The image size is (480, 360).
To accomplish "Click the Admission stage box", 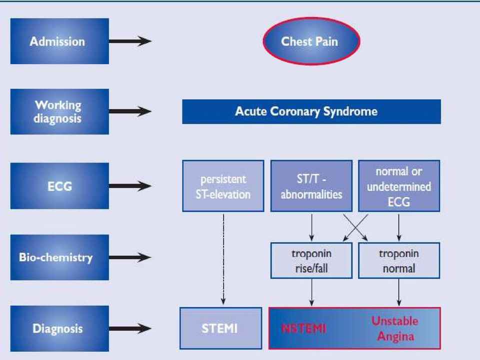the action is (59, 41).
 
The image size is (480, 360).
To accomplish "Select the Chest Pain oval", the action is (311, 41).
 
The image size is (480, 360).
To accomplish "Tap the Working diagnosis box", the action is (59, 111).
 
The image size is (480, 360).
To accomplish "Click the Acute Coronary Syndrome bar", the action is (311, 111).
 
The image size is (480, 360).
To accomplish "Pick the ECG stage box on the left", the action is (59, 186).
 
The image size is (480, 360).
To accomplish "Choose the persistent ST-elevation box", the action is (223, 186).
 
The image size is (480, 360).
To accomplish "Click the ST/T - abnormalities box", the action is (311, 186).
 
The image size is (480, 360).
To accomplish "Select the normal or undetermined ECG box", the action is (399, 186).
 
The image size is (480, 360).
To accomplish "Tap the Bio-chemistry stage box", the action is (59, 257).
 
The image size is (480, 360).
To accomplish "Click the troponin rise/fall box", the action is (311, 260).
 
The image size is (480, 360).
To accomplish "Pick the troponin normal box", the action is (399, 260).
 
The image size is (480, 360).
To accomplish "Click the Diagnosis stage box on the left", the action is (59, 328).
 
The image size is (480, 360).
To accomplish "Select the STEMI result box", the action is (220, 328).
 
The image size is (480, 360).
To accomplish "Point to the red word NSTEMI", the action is (303, 329).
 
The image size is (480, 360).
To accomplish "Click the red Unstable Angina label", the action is (395, 328).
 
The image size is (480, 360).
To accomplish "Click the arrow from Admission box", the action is (130, 41).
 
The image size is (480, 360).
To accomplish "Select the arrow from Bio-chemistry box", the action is (130, 257).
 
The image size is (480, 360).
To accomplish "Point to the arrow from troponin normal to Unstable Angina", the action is (399, 292).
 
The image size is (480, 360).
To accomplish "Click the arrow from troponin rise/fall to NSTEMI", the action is (311, 292).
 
